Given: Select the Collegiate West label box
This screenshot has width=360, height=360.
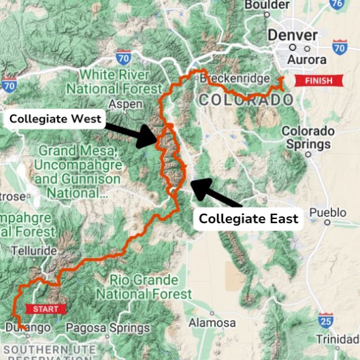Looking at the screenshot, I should [x=56, y=119].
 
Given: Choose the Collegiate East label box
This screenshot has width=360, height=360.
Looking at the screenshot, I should [x=248, y=218].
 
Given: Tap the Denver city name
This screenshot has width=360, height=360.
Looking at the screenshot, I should [x=293, y=35].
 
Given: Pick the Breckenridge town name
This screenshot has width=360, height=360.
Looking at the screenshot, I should [x=233, y=79].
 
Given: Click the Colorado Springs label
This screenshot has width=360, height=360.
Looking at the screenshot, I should [x=308, y=137].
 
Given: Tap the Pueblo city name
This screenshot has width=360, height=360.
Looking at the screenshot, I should [x=328, y=212].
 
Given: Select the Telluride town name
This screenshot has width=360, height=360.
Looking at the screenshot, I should [x=29, y=250].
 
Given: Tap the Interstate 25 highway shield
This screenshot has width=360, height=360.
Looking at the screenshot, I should [x=325, y=319].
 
